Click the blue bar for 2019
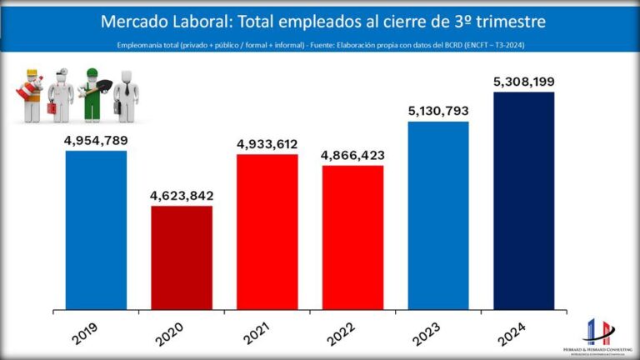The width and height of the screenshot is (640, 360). click(x=97, y=229)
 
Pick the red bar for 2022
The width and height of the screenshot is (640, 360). click(x=352, y=237)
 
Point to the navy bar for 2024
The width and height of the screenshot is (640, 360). click(x=523, y=200)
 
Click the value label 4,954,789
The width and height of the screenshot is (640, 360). click(x=96, y=141)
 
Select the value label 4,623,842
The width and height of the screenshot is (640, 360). click(x=182, y=196)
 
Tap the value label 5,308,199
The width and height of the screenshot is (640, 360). click(x=523, y=82)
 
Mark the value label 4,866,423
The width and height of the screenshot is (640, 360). click(x=352, y=156)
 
